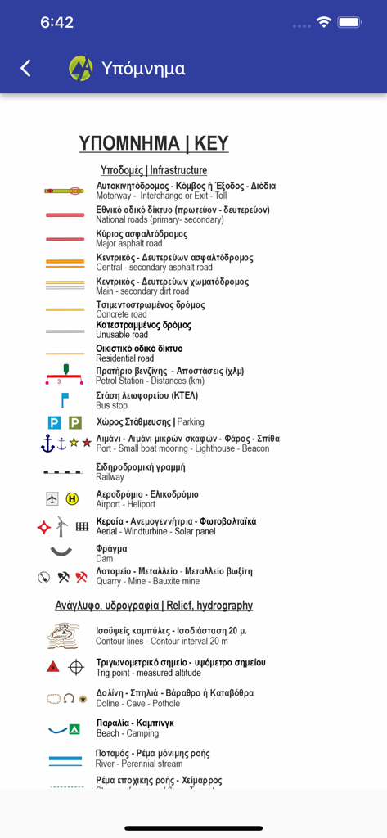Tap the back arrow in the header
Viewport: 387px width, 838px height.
tap(26, 69)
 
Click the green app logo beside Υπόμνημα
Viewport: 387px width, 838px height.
tap(81, 69)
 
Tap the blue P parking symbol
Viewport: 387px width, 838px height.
tap(54, 422)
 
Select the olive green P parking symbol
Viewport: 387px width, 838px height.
tap(75, 422)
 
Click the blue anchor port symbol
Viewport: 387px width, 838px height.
tap(47, 443)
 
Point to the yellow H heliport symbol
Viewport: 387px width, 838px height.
tap(72, 498)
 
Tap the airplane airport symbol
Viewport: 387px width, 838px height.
tap(52, 498)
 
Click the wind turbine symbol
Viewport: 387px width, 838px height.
tap(62, 526)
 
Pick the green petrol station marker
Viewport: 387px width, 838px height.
tap(66, 370)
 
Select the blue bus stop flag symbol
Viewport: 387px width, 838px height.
tap(65, 400)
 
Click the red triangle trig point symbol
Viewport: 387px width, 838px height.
tap(53, 667)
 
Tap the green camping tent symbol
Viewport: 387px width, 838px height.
tap(74, 728)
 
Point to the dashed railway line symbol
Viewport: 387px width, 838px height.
tap(64, 472)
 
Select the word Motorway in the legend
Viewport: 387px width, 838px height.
tap(114, 196)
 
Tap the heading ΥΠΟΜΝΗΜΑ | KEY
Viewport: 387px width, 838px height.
tap(154, 143)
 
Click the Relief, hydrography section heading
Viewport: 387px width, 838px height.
tap(154, 606)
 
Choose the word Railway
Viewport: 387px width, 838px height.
tap(110, 477)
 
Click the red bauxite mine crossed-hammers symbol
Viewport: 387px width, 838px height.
tap(81, 576)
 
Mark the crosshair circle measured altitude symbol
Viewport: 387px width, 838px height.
tap(76, 667)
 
